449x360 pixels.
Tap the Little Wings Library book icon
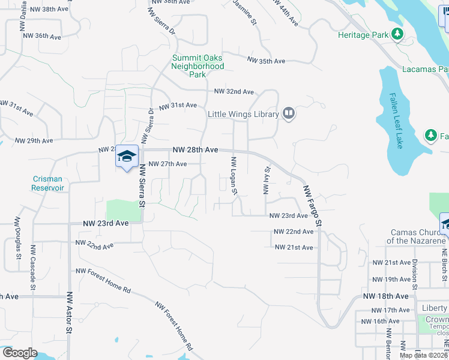tap(289, 113)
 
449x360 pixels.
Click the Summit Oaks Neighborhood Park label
tap(197, 66)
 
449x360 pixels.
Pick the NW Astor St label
tap(70, 312)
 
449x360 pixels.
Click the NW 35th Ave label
tap(266, 61)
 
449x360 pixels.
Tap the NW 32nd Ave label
tap(234, 92)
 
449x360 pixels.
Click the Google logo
tap(19, 353)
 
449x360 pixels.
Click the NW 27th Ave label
tap(167, 164)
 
